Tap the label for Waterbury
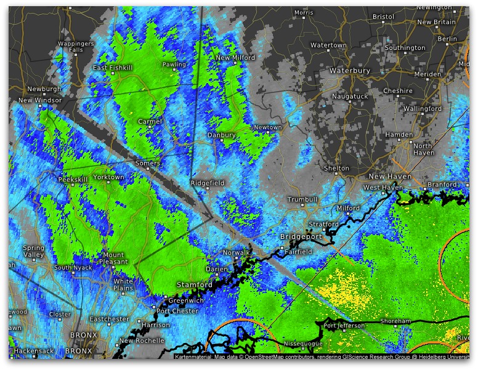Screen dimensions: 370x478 (x=349, y=71)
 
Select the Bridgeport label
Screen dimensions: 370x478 (x=301, y=236)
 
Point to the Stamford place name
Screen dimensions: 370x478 (x=195, y=285)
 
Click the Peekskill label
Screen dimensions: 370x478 (x=73, y=180)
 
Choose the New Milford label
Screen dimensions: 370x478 (x=235, y=58)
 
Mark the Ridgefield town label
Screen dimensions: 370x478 (x=208, y=183)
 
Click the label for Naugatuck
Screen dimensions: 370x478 (x=350, y=97)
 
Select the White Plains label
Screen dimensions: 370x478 (x=123, y=285)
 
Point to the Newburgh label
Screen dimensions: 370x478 (x=44, y=89)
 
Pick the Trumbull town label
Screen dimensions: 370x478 (x=302, y=199)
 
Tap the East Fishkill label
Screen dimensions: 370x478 (x=113, y=68)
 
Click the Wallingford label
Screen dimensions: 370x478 (x=423, y=108)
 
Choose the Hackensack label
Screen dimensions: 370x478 (x=31, y=350)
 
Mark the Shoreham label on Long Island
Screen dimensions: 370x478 (x=395, y=321)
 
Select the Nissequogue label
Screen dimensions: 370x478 (x=304, y=343)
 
